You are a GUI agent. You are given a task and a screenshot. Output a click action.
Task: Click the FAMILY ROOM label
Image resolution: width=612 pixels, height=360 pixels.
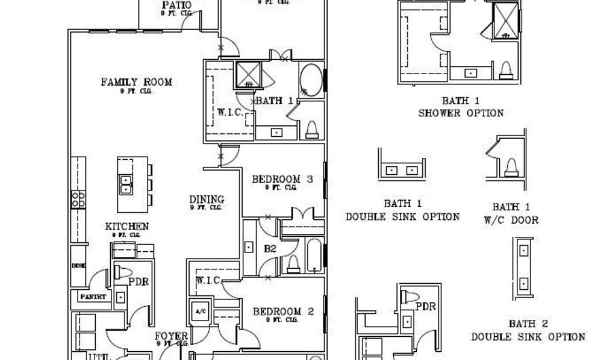pos(137,82)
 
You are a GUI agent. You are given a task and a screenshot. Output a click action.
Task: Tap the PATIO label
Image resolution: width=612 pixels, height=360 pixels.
pos(177,6)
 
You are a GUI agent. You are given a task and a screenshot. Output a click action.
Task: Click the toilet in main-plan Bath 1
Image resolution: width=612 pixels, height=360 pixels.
pos(312,129)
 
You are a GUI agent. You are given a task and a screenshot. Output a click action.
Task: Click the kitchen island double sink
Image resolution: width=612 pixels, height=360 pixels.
pos(126,184)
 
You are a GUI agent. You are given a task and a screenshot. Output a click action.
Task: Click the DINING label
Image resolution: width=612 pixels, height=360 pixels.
pos(207,199)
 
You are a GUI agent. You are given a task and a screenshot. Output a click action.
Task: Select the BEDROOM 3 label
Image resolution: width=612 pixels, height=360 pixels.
pos(282,180)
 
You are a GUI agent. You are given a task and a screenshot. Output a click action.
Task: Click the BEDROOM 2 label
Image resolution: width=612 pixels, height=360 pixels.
pos(283,312)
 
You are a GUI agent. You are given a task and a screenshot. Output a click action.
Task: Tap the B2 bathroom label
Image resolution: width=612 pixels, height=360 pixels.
pos(269,249)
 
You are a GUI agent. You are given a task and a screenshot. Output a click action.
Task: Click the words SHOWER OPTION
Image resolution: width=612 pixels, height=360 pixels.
pos(461,113)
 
